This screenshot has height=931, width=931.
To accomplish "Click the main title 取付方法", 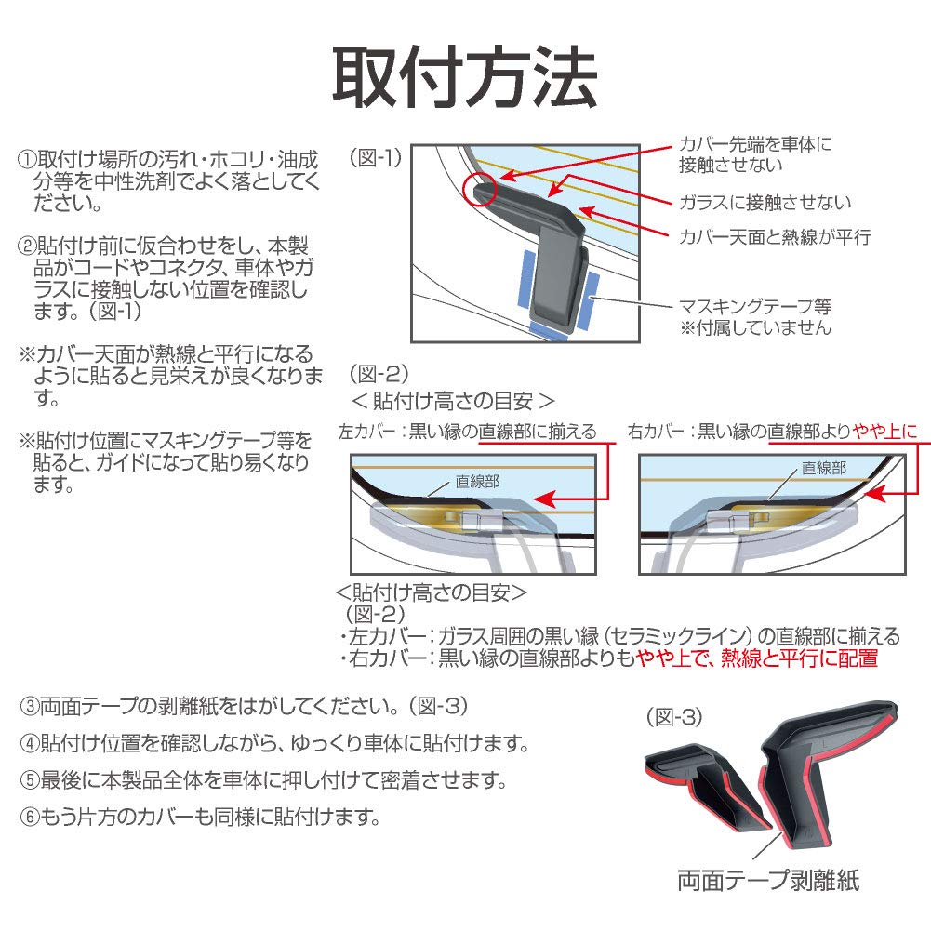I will tap(464, 78).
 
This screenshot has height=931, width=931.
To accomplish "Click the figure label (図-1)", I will tap(376, 157).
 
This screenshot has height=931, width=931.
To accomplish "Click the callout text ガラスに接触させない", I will tap(765, 202).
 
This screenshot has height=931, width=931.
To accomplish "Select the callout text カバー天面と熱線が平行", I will tap(774, 236).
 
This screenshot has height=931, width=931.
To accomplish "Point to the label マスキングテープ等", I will tap(755, 306).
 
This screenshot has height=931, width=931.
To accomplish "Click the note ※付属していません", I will tap(755, 327).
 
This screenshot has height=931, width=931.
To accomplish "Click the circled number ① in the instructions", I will tap(27, 159).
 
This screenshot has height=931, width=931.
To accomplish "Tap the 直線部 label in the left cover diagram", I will tap(477, 481).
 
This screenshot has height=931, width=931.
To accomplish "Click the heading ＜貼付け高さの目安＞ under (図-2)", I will tap(453, 401).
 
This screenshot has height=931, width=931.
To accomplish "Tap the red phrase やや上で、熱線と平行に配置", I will tap(755, 659).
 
